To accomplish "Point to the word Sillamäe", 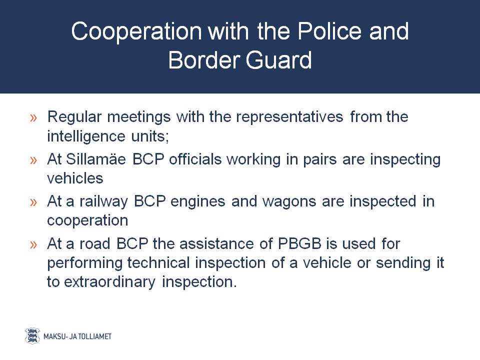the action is click(x=96, y=159).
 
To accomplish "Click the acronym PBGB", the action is click(x=299, y=243).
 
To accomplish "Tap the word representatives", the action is click(x=289, y=117).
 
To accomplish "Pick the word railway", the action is click(x=103, y=202).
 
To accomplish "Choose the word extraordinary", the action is click(x=109, y=282).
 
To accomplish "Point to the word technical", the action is click(x=158, y=262).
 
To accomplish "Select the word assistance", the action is click(x=216, y=244).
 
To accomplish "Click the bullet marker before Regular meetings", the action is click(x=33, y=118).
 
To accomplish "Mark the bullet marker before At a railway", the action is click(x=33, y=202).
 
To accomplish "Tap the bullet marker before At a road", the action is click(x=33, y=244).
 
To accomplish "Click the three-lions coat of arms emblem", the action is click(x=32, y=336).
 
